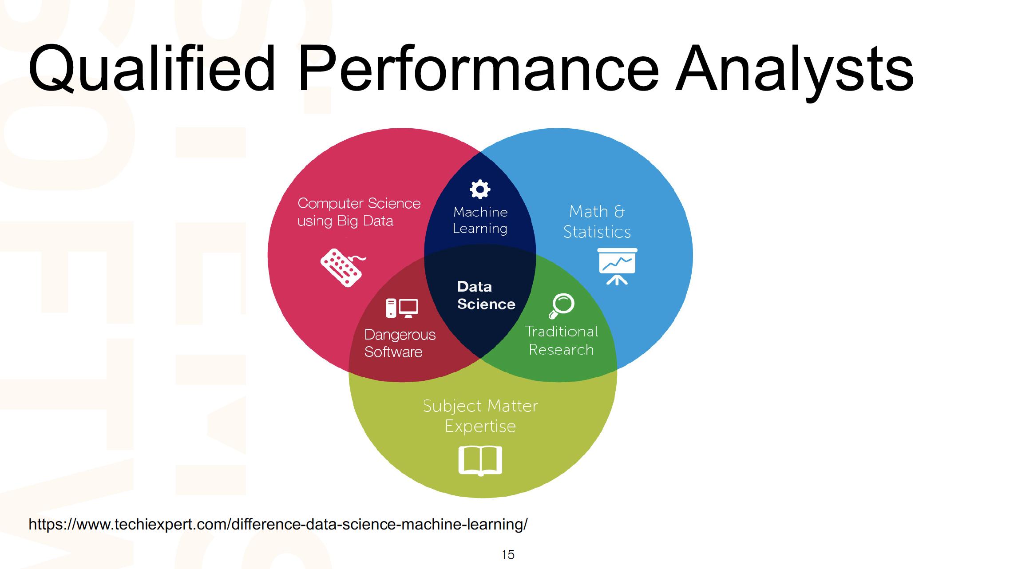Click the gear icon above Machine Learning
point(480,190)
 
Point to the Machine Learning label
point(480,220)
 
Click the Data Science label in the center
point(486,296)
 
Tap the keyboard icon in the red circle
point(342,267)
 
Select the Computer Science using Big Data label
point(359,212)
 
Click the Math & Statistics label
point(597,221)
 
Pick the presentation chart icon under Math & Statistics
point(617,266)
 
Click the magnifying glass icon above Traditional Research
point(562,306)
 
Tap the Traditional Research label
point(561,340)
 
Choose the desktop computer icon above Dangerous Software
point(402,308)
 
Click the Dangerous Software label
point(400,343)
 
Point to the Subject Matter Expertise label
point(480,416)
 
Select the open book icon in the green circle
point(480,461)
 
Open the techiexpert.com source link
point(278,525)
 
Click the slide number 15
point(507,555)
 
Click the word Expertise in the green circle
point(480,426)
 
